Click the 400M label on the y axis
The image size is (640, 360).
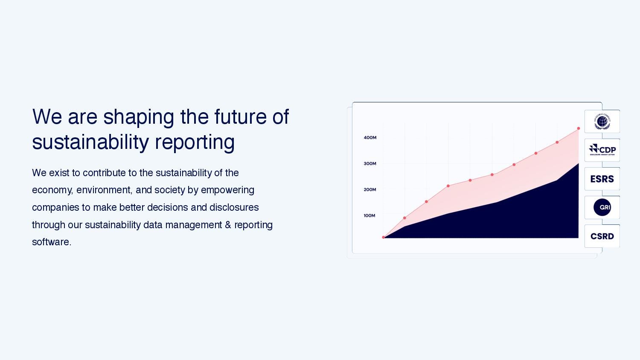pos(370,138)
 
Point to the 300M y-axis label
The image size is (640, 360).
pos(370,164)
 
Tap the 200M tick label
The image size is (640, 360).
pos(370,190)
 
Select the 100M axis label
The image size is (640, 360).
pos(369,216)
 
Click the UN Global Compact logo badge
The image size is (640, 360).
pos(602,122)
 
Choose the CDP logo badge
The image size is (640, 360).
pos(602,150)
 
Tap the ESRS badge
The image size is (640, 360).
pos(602,179)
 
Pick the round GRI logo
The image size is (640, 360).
pos(602,207)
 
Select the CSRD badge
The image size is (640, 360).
pos(602,236)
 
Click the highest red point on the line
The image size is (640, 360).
pos(579,128)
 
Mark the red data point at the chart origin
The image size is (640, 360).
pos(384,237)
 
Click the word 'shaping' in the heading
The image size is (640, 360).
pos(139,117)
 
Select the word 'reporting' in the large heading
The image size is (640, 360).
pos(195,142)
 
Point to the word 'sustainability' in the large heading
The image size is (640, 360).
pos(90,142)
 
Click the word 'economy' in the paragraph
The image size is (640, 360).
pos(52,190)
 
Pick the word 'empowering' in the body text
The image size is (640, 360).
pos(227,190)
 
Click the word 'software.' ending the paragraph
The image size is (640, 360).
pos(52,242)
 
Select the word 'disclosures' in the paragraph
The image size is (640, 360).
pos(234,207)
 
